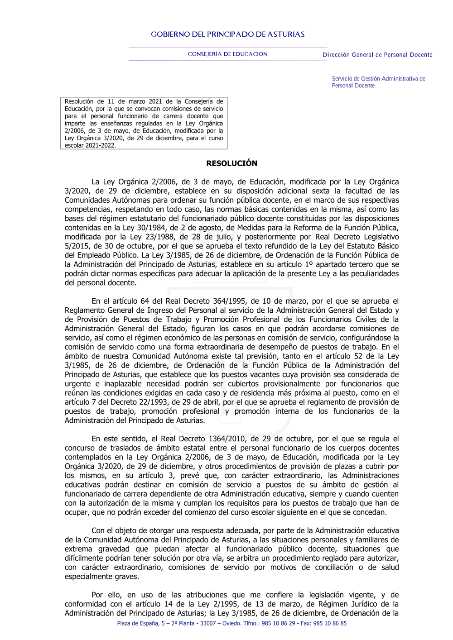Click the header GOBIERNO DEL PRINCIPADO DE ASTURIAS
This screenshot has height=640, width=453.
pyautogui.click(x=227, y=34)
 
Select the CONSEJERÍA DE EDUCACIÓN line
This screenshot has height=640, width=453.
pyautogui.click(x=227, y=54)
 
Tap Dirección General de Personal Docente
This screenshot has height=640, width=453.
pyautogui.click(x=377, y=55)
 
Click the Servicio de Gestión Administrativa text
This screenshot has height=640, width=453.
pyautogui.click(x=378, y=79)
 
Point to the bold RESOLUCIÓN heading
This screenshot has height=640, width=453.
pyautogui.click(x=231, y=163)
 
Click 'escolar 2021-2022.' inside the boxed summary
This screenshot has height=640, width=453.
pyautogui.click(x=90, y=146)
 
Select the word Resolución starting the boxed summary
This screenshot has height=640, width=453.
pyautogui.click(x=79, y=102)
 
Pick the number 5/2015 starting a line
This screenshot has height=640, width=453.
pyautogui.click(x=77, y=246)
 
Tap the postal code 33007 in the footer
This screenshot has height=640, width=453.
pyautogui.click(x=208, y=623)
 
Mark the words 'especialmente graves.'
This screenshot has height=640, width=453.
pyautogui.click(x=102, y=577)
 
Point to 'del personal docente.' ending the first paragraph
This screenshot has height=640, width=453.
pyautogui.click(x=101, y=283)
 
